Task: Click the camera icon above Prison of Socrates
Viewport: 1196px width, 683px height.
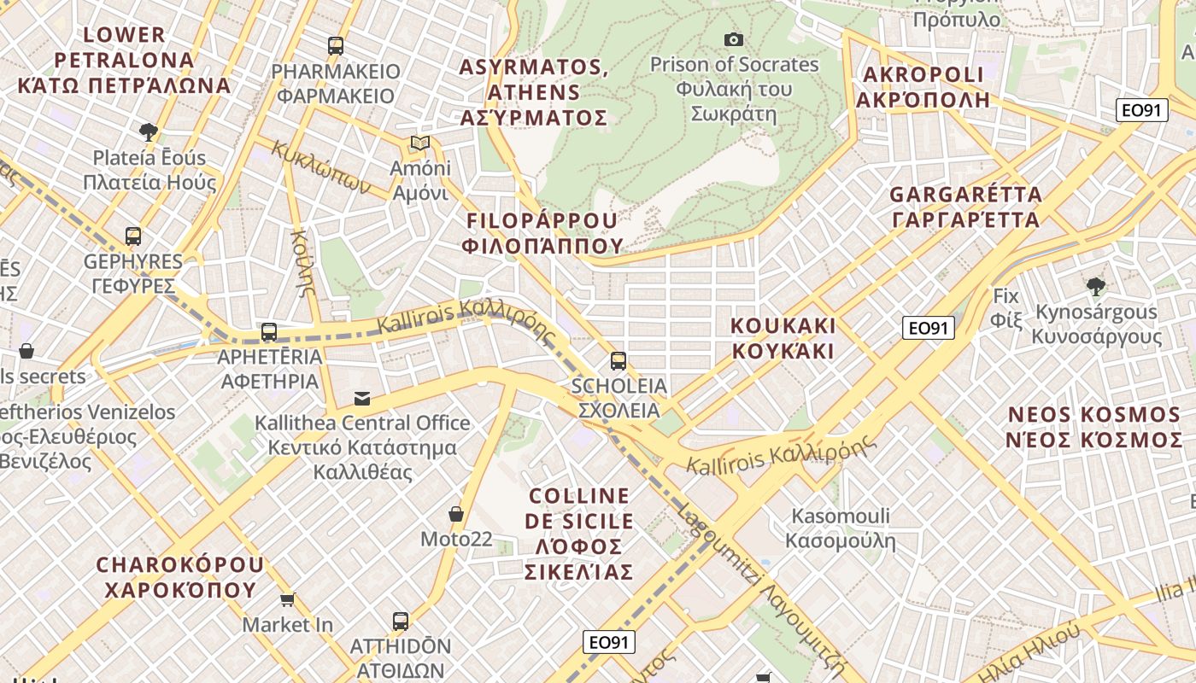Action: [x=733, y=39]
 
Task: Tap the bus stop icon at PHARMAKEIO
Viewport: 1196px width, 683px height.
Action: [x=336, y=46]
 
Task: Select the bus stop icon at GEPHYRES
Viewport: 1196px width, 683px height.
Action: [x=132, y=236]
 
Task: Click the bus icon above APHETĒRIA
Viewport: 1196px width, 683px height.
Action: [x=269, y=332]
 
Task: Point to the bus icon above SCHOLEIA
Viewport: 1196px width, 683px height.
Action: [x=619, y=361]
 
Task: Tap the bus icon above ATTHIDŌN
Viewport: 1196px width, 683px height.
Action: [x=401, y=621]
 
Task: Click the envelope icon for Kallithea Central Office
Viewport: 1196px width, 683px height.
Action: [x=362, y=398]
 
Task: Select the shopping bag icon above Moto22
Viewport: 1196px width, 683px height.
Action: [x=456, y=514]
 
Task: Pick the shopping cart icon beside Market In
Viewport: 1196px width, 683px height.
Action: [x=288, y=600]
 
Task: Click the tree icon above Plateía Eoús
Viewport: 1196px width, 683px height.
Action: [x=149, y=131]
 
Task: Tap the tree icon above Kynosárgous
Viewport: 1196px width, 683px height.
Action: [x=1095, y=287]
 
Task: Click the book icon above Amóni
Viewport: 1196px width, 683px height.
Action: [x=419, y=143]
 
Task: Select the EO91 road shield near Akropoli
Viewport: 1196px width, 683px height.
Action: [x=1142, y=110]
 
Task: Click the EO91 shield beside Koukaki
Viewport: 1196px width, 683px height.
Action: [x=928, y=328]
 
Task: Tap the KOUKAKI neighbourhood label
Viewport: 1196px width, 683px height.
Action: [x=783, y=338]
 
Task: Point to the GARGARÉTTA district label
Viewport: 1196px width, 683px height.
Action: [x=965, y=207]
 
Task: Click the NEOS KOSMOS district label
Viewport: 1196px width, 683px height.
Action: [x=1093, y=427]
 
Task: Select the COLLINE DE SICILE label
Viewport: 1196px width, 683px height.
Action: [x=581, y=534]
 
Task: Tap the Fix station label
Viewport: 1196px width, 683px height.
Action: [x=1005, y=308]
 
